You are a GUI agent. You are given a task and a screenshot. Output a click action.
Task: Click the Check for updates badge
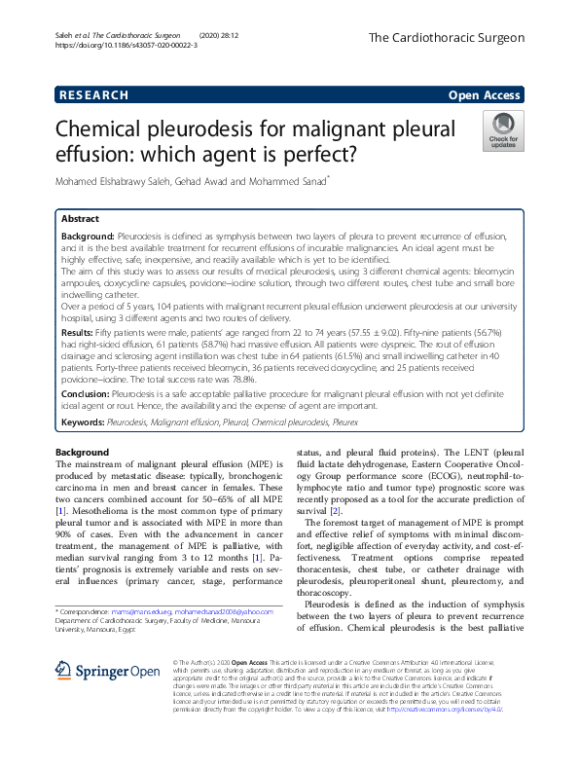point(503,130)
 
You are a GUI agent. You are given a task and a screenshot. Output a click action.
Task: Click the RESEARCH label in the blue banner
point(93,95)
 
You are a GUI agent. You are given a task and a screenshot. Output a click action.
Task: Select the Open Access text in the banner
point(486,95)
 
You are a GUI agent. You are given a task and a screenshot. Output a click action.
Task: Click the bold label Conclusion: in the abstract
point(89,409)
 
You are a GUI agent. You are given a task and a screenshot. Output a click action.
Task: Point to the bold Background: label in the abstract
point(88,237)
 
